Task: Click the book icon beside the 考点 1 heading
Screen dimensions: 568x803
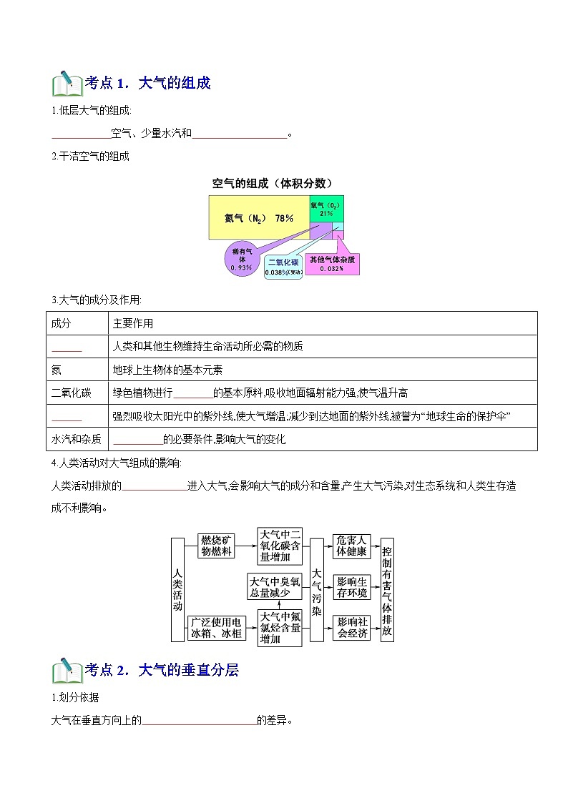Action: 67,84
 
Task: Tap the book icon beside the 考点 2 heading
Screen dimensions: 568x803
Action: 67,670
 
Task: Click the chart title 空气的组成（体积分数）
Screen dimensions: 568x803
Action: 273,183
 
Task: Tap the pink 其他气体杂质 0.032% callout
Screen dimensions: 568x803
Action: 332,264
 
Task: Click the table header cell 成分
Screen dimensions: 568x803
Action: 62,323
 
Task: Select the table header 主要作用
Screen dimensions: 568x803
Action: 133,323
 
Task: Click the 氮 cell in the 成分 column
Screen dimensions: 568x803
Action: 57,370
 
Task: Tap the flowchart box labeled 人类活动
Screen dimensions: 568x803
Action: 177,590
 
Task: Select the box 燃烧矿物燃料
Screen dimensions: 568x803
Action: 216,546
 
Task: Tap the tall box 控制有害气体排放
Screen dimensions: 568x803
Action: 386,590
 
